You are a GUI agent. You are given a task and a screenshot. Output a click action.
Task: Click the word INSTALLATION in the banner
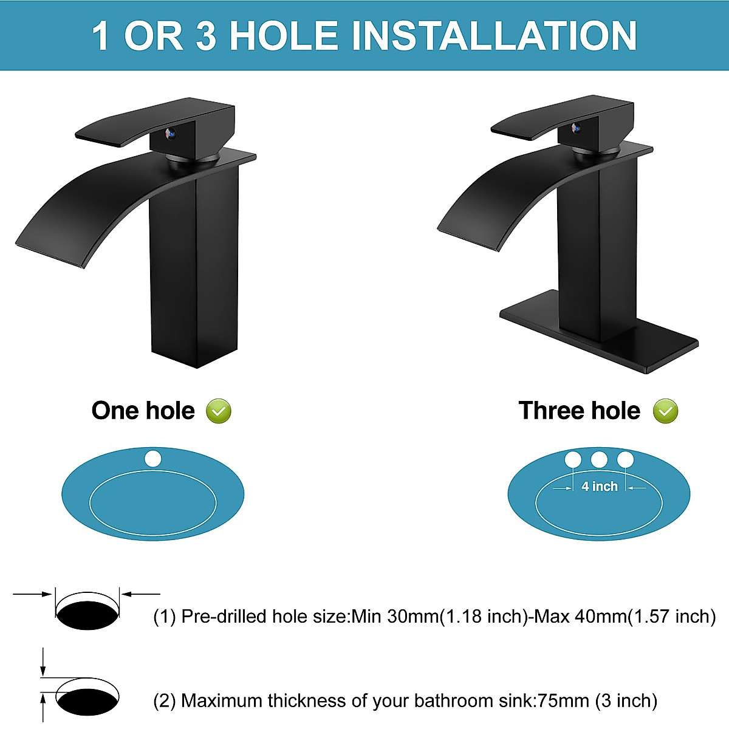pos(494,36)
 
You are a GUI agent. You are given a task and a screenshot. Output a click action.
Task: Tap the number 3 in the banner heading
pos(206,36)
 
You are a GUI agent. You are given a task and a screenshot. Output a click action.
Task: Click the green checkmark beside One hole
pos(219,411)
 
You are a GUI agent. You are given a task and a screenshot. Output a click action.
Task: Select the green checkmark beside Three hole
pos(665,411)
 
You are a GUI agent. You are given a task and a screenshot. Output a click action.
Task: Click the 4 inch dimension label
pos(599,487)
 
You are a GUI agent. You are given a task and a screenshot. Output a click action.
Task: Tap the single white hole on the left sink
pos(153,459)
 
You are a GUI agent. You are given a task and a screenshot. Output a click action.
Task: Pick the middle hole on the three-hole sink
pos(599,460)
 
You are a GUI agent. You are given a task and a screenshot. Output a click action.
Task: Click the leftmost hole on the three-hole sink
pos(573,460)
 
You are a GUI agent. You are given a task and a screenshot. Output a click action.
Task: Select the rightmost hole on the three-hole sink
pos(625,460)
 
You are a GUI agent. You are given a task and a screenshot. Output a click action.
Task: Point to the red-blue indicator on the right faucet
pos(575,128)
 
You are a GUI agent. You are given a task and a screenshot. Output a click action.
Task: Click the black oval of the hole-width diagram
pos(87,614)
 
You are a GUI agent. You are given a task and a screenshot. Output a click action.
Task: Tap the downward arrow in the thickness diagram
pos(43,662)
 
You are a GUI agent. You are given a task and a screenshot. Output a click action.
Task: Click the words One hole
pos(143,411)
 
